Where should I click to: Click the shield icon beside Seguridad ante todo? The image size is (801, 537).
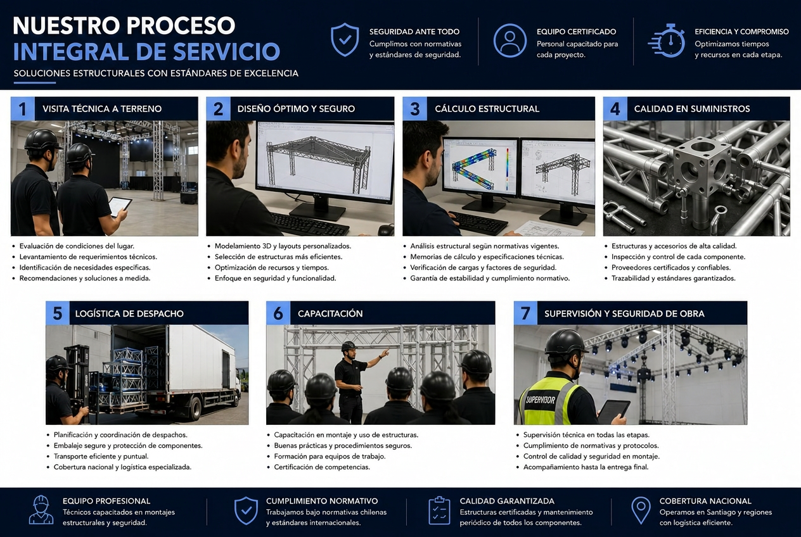pos(345,40)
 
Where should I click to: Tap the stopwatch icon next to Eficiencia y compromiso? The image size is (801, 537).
pos(667,41)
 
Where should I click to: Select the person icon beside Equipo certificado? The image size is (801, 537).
pos(510,41)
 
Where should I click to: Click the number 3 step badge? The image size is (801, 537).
pos(415,109)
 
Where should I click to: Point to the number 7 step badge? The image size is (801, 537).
pos(525,313)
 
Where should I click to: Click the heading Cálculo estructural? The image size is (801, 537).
pos(487,109)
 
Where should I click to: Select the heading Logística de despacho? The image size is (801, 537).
pos(129,313)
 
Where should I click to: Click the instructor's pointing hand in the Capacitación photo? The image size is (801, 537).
pos(385,353)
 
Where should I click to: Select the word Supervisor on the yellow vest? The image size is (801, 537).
pos(541,400)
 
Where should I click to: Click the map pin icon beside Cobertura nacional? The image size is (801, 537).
pos(641,511)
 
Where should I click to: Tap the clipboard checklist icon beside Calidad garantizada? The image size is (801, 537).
pos(439,511)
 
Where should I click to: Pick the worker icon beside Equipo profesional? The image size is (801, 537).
pos(41,510)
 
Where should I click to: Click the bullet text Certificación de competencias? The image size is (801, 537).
pos(322,467)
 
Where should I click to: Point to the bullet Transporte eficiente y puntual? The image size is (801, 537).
pos(101,456)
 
